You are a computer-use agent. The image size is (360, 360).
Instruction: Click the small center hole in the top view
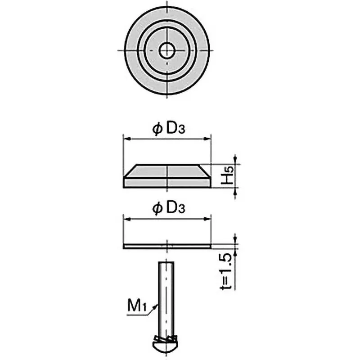(x=167, y=49)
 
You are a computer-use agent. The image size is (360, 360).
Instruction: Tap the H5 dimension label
(x=229, y=176)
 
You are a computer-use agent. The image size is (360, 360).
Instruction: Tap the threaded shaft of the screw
(x=167, y=297)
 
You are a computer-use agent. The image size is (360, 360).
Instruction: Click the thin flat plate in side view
(x=167, y=245)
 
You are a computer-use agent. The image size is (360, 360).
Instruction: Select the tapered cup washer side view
(x=167, y=174)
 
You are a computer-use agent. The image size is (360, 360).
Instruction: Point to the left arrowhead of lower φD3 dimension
(x=126, y=219)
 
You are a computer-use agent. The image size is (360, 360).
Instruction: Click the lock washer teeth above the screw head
(x=167, y=337)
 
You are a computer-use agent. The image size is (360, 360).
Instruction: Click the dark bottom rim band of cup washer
(x=167, y=182)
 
